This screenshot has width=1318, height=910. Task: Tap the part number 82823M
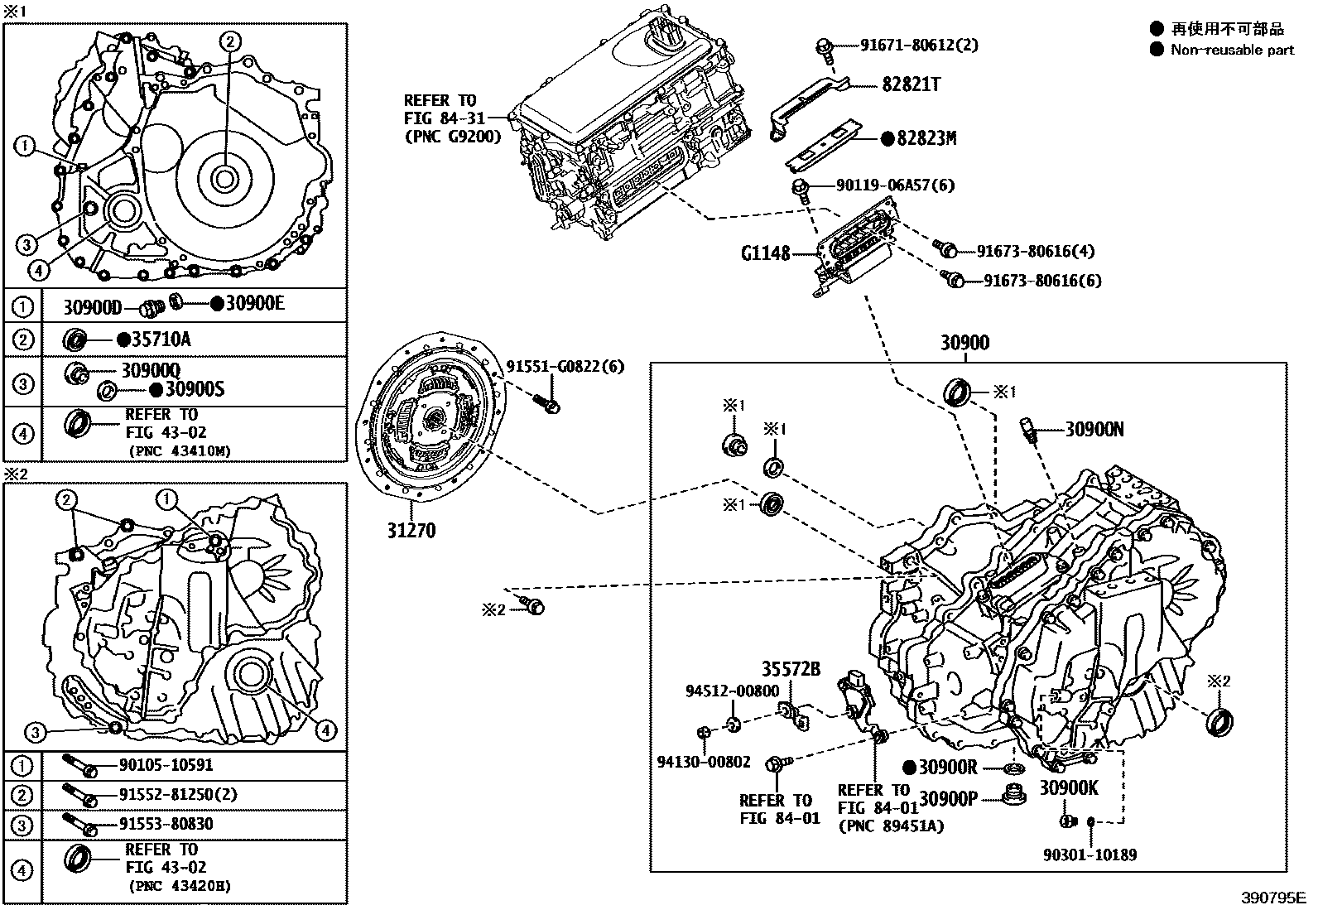(926, 138)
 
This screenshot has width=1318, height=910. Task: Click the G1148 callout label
(766, 253)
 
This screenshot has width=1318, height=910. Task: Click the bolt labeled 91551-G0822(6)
(548, 403)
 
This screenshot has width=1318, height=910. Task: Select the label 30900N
(1094, 429)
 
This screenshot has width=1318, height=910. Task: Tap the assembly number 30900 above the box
(964, 343)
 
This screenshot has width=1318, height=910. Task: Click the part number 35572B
(791, 669)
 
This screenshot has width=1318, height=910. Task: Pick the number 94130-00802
(704, 762)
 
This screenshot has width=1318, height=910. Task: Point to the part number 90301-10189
(1090, 855)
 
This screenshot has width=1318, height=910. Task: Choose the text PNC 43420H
(180, 886)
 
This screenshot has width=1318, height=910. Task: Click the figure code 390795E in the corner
(1272, 898)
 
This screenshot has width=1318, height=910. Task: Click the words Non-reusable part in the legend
(1232, 50)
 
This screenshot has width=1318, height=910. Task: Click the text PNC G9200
(452, 137)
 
